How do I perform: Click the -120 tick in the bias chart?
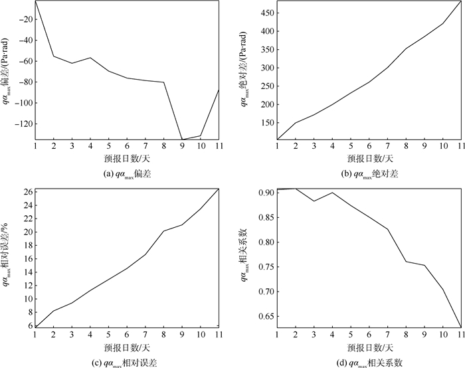pyautogui.click(x=25, y=124)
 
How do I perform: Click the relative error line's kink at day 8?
pyautogui.click(x=163, y=230)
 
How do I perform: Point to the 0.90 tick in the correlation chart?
pyautogui.click(x=265, y=193)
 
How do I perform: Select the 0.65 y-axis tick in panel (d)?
pyautogui.click(x=265, y=316)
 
